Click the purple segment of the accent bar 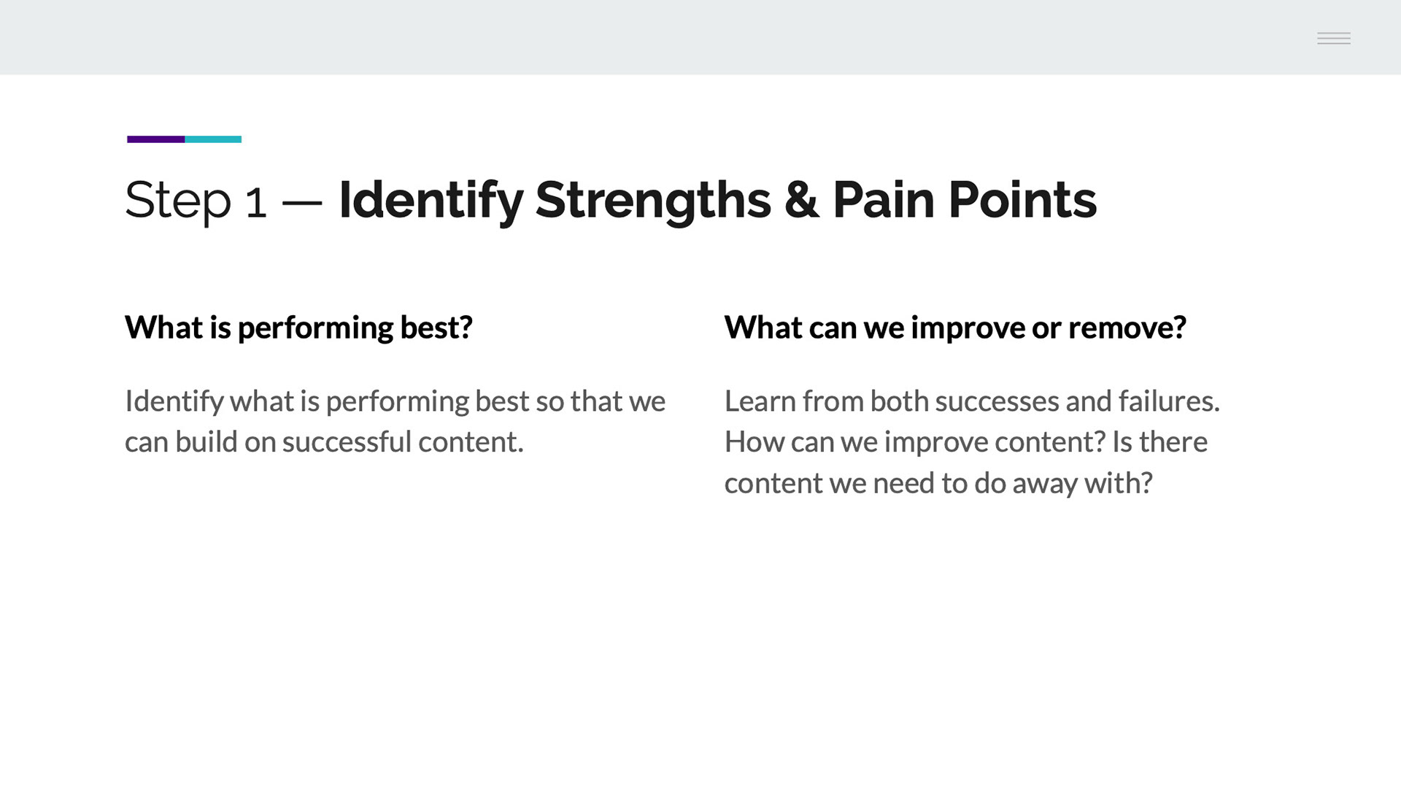[x=155, y=139]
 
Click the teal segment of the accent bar [x=213, y=139]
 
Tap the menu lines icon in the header [x=1334, y=38]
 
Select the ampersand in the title [x=801, y=200]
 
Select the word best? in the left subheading [x=436, y=328]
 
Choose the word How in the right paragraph [x=752, y=442]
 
